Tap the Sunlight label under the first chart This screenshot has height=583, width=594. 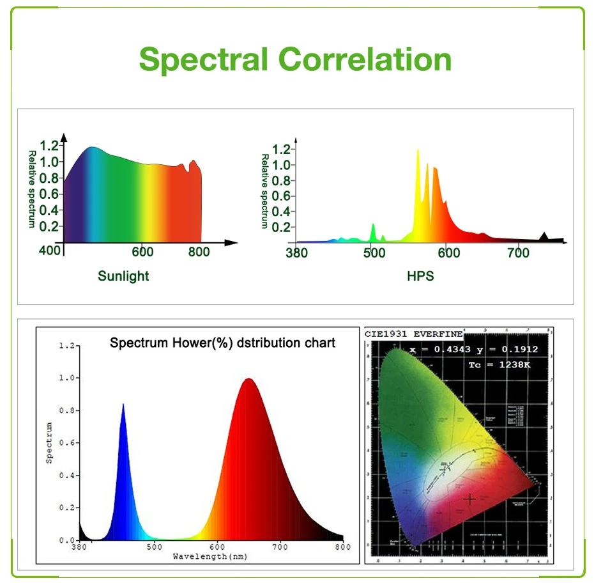(x=123, y=276)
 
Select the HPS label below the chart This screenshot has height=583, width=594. (x=420, y=276)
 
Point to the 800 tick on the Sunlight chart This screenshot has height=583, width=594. (x=199, y=253)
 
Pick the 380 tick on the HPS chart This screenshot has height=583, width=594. (x=296, y=253)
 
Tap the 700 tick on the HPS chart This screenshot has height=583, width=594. (x=518, y=253)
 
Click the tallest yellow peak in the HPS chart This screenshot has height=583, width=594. (x=418, y=151)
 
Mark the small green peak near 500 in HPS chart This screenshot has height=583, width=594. (x=374, y=225)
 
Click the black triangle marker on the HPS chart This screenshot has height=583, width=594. (x=544, y=236)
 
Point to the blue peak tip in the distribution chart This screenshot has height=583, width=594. (x=123, y=404)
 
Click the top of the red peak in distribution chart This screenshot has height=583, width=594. (x=248, y=379)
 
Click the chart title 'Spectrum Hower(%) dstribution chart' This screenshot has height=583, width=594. (x=222, y=343)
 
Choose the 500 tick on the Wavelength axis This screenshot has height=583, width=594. (x=153, y=547)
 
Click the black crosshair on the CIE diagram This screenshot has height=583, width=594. (x=470, y=499)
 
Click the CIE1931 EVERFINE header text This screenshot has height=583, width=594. (x=414, y=334)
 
